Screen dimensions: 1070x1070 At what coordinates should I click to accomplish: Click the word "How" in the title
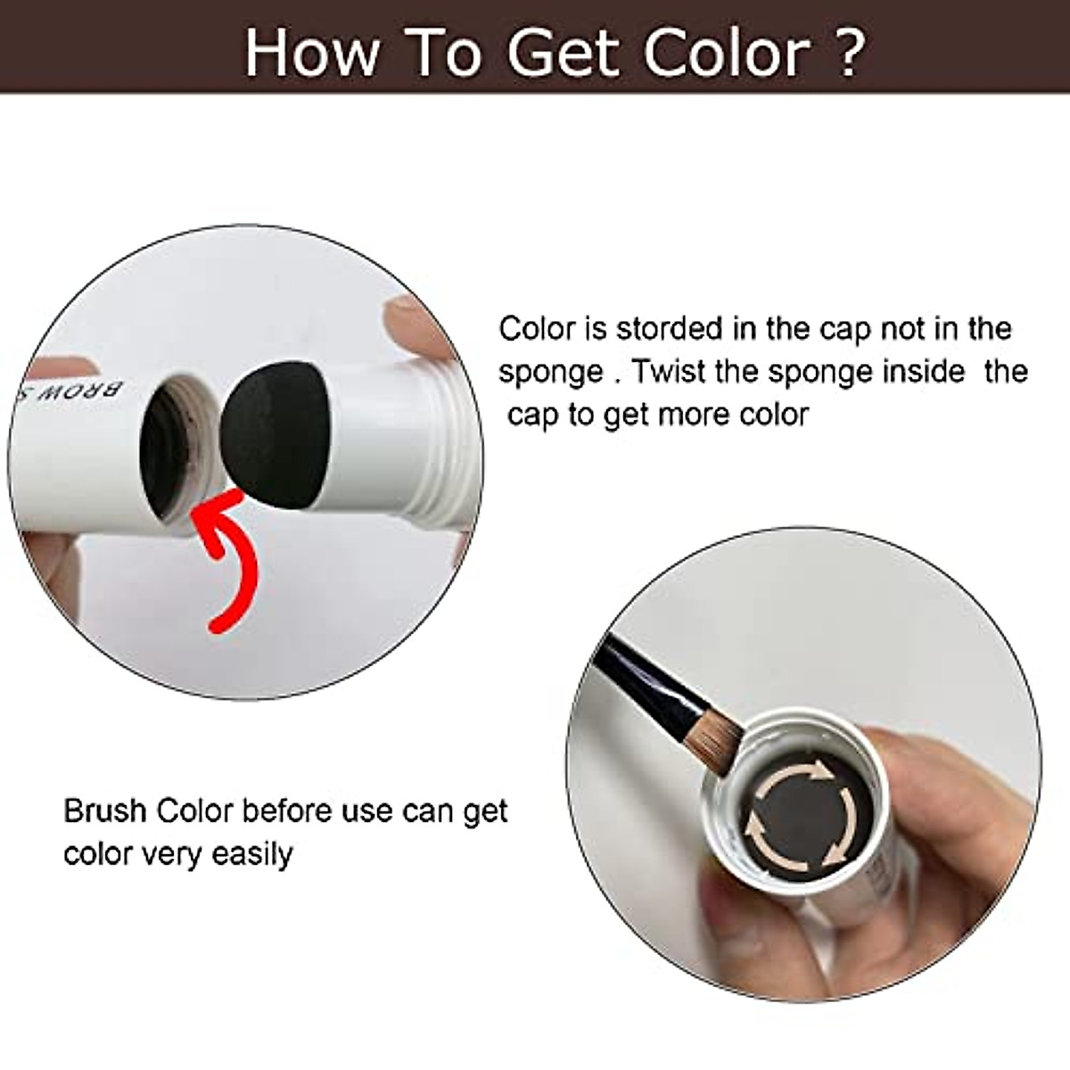[311, 53]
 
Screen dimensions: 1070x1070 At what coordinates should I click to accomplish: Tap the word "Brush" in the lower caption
[104, 811]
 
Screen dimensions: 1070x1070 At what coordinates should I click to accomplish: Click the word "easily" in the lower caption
[252, 855]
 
